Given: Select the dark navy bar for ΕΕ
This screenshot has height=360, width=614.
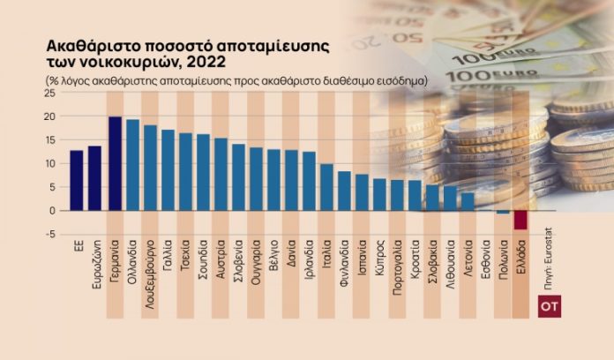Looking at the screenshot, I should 77,180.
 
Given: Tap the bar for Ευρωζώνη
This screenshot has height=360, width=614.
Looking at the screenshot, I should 94,178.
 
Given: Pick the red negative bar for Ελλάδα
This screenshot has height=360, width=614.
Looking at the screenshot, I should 520,220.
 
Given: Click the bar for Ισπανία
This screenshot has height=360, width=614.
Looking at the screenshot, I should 362,192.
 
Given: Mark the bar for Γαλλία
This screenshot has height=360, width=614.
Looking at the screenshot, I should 168,170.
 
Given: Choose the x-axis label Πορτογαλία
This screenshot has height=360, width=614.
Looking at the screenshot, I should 397,268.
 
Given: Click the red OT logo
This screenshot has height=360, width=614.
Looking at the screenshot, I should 548,308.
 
